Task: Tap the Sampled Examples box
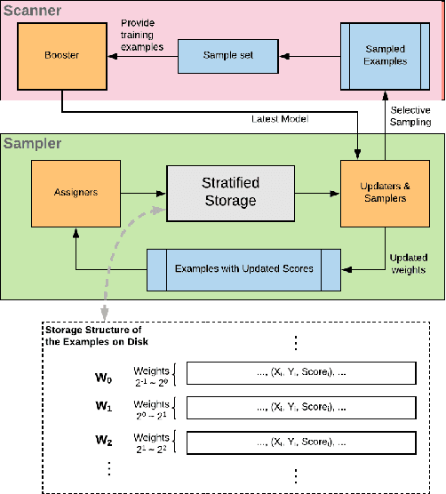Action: point(386,54)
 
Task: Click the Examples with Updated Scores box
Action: point(243,268)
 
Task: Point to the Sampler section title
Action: point(33,142)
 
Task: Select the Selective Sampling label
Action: point(411,115)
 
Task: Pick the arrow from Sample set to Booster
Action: point(139,55)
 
